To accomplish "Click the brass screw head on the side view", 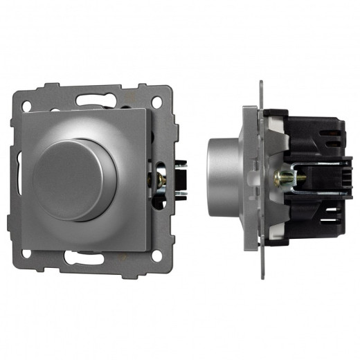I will [279, 179].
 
